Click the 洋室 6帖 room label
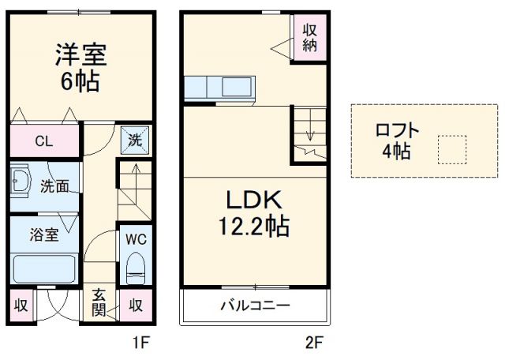tap(80, 67)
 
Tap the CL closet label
tap(44, 143)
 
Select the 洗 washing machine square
tap(136, 141)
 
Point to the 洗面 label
tap(55, 187)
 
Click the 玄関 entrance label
tap(99, 302)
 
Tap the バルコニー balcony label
tap(254, 306)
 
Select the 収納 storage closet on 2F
tap(309, 36)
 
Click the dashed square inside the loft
tap(452, 149)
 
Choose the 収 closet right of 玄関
tap(136, 306)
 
